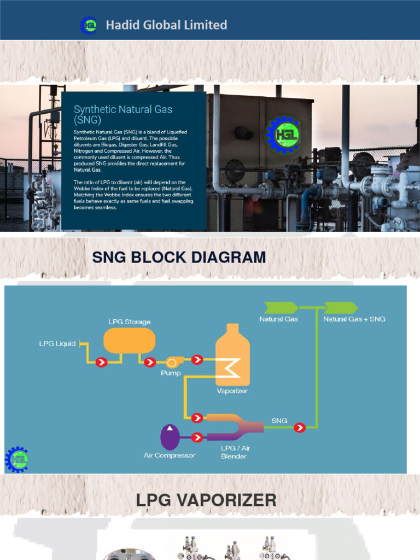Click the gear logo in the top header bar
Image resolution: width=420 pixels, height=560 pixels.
tap(88, 25)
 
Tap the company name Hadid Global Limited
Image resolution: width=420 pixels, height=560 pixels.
tap(166, 25)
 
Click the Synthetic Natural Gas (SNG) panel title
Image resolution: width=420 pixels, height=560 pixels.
tap(123, 114)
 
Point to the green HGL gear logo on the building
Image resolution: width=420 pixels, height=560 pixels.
tap(283, 135)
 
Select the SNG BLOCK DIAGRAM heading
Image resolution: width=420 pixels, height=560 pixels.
tap(179, 257)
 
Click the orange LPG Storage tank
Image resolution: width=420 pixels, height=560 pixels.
tap(130, 340)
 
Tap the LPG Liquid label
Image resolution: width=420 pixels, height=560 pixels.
tap(57, 344)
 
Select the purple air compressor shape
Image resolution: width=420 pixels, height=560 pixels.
tap(170, 437)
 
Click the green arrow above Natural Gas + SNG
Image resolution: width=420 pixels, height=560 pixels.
tap(341, 308)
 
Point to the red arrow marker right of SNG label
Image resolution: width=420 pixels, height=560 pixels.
tap(300, 428)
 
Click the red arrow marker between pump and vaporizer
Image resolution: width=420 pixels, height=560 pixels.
tap(197, 360)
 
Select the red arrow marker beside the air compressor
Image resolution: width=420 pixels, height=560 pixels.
tap(197, 437)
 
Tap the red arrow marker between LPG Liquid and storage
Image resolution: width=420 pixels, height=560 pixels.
tap(101, 361)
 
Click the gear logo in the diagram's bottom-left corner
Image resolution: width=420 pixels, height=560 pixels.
tap(17, 459)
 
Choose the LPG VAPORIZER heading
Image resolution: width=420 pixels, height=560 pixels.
tap(206, 500)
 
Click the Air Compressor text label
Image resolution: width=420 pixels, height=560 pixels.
tap(170, 456)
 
